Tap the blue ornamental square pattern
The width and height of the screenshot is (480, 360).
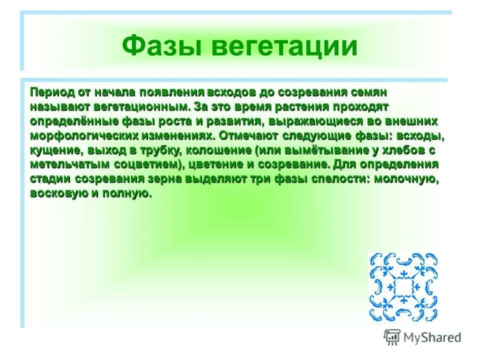(403, 286)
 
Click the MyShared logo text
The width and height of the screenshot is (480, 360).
(432, 337)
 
